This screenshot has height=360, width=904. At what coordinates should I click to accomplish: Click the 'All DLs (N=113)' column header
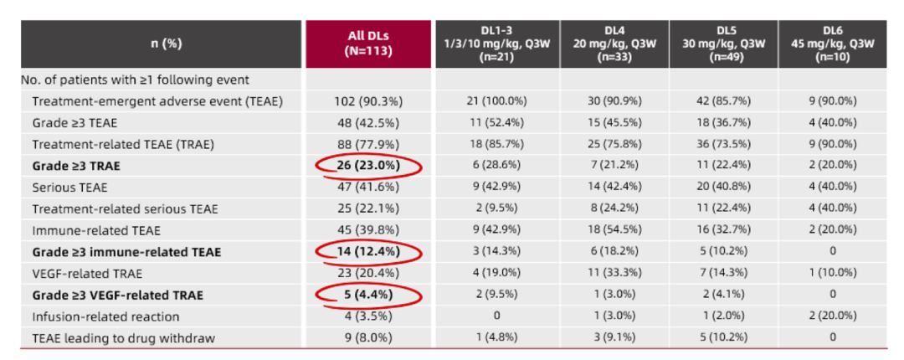[x=368, y=44]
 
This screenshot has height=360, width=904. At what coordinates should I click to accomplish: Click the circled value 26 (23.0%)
[x=368, y=166]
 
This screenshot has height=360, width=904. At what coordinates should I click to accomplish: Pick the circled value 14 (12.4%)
[x=368, y=252]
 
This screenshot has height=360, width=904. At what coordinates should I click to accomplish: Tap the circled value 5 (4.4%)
[x=368, y=296]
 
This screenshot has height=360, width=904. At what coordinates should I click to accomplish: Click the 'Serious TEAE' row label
[x=69, y=188]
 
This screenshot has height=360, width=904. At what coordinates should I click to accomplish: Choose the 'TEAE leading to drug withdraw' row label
[x=121, y=339]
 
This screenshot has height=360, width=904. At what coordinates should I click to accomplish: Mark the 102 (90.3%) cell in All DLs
[x=368, y=101]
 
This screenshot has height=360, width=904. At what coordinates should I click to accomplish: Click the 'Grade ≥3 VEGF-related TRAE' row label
[x=118, y=296]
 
